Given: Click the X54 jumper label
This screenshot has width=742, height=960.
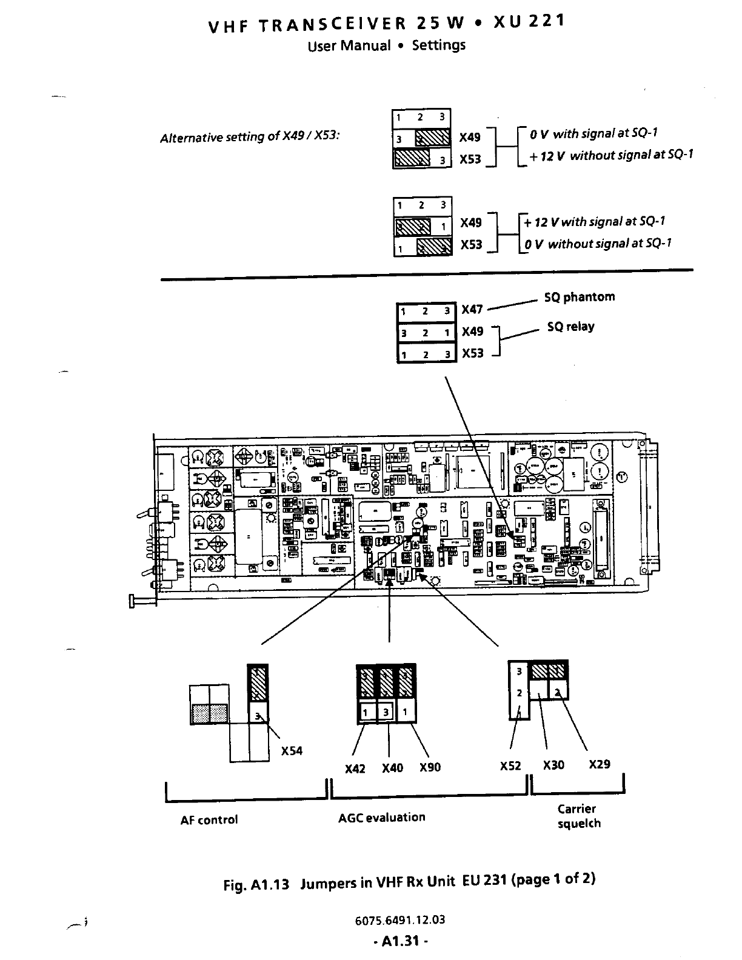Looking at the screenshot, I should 292,751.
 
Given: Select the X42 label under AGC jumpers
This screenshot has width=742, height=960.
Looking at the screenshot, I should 355,768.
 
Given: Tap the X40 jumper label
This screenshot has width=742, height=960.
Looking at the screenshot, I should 392,768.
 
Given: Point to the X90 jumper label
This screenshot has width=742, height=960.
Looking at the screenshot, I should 430,768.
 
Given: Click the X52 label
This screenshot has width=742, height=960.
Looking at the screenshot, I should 510,765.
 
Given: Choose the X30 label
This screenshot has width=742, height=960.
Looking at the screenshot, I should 553,765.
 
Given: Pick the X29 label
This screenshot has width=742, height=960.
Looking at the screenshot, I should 600,764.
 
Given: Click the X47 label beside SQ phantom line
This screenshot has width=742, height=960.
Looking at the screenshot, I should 472,310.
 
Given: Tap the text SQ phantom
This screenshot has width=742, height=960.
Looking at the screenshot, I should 580,297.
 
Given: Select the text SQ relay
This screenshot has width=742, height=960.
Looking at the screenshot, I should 570,327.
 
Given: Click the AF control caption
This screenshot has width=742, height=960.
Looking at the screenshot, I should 209,820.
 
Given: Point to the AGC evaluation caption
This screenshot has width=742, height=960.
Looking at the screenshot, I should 382,818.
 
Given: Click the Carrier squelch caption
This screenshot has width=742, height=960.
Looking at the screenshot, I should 579,816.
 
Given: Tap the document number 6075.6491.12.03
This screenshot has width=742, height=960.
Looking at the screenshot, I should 400,919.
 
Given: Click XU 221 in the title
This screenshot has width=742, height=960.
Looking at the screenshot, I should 529,22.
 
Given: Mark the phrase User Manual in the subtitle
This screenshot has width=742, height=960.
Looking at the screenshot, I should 349,46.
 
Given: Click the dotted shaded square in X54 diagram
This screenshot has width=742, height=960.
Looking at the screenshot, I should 210,713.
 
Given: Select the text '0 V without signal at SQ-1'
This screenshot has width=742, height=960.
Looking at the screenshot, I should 598,244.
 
